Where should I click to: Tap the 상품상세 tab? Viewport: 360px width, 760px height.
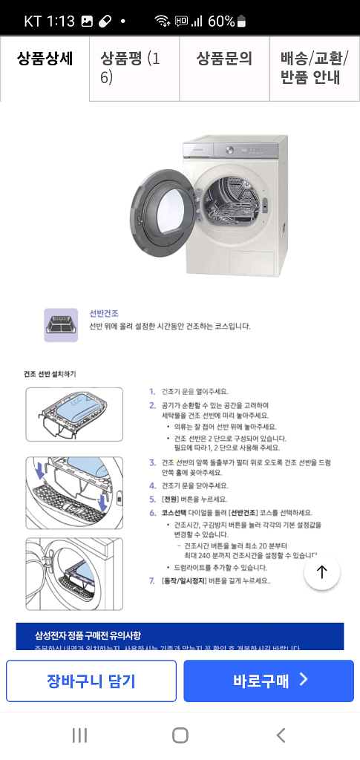pos(45,60)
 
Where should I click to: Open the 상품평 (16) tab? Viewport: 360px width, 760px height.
pos(134,68)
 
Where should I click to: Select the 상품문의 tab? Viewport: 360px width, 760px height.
pos(224,60)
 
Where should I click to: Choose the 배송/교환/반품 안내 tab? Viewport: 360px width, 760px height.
pos(314,68)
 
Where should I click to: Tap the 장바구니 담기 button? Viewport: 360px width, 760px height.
pos(91,681)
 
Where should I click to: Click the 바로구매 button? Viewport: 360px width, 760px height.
pos(269,681)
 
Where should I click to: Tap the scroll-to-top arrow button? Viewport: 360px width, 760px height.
pos(321,571)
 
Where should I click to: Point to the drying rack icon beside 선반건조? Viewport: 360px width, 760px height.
pos(61,325)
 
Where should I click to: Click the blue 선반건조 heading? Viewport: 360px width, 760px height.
pos(104,314)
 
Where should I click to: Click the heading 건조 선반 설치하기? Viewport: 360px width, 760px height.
pos(50,373)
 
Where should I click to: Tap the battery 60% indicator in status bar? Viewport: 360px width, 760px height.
pos(227,21)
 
